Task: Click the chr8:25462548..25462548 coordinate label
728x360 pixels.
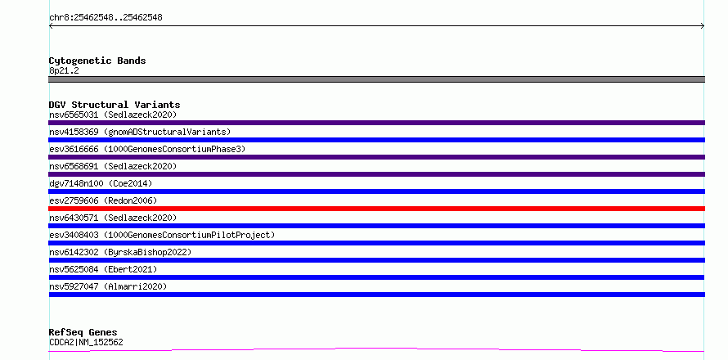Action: pyautogui.click(x=106, y=18)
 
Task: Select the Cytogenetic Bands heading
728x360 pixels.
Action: pyautogui.click(x=97, y=61)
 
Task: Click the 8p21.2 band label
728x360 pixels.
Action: pyautogui.click(x=64, y=70)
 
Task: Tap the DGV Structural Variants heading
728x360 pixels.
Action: pyautogui.click(x=115, y=105)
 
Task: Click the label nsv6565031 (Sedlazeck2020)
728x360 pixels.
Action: pyautogui.click(x=113, y=115)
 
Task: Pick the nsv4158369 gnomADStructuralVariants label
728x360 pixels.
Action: pyautogui.click(x=140, y=132)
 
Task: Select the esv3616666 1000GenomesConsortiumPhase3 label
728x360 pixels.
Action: pyautogui.click(x=147, y=149)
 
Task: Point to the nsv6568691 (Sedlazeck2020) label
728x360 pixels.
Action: pyautogui.click(x=113, y=166)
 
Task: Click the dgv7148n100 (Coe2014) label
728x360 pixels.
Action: pyautogui.click(x=101, y=183)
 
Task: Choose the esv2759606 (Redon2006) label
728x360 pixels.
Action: pyautogui.click(x=103, y=200)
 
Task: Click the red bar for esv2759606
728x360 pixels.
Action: pyautogui.click(x=376, y=209)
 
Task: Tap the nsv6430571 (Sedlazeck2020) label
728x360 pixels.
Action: pyautogui.click(x=113, y=218)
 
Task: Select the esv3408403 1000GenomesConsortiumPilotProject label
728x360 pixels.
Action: pyautogui.click(x=162, y=235)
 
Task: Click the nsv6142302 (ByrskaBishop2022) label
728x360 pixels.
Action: pyautogui.click(x=120, y=252)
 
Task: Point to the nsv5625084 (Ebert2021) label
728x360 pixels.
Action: pyautogui.click(x=103, y=269)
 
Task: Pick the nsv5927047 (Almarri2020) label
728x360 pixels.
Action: pyautogui.click(x=108, y=286)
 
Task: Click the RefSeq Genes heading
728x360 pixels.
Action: pyautogui.click(x=83, y=332)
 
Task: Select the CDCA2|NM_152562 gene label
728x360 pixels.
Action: pyautogui.click(x=86, y=342)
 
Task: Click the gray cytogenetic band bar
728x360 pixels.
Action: pyautogui.click(x=376, y=79)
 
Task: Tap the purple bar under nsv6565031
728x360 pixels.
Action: pyautogui.click(x=376, y=123)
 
